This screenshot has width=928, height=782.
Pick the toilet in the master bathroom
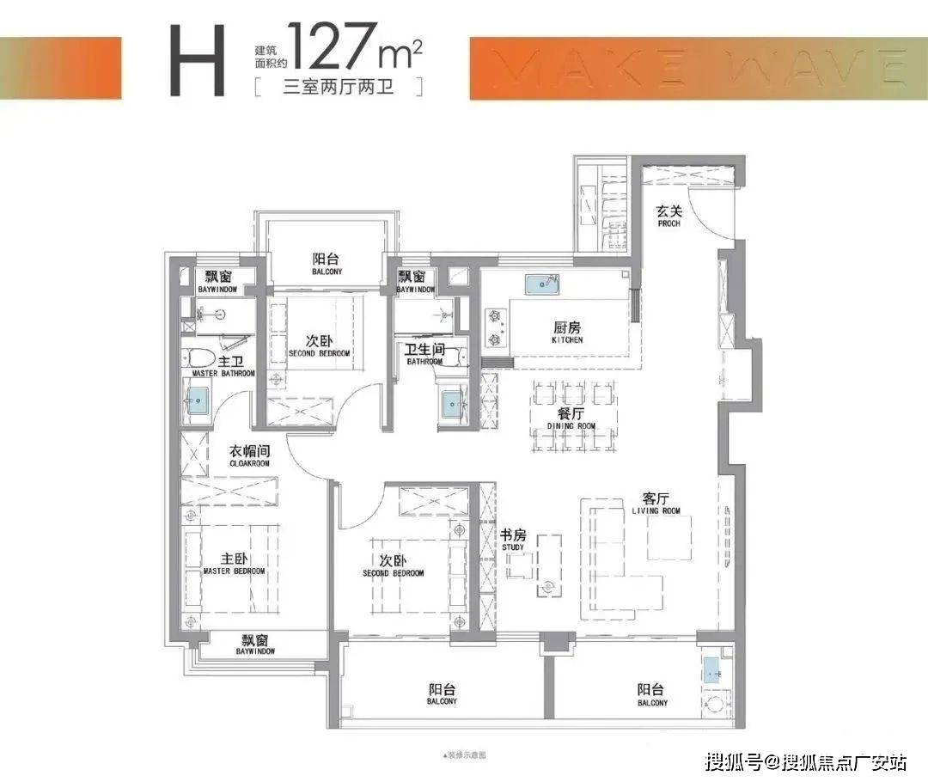[195, 362]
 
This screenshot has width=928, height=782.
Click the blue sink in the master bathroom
[198, 400]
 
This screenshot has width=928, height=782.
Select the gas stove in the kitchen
[494, 327]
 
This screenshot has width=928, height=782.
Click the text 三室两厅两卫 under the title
[338, 87]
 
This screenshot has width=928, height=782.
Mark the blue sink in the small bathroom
[453, 401]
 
